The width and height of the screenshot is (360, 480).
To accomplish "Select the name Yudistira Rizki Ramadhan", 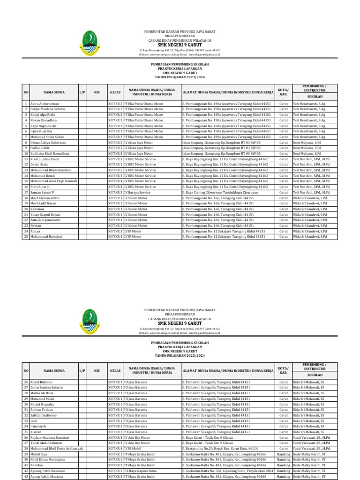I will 50,153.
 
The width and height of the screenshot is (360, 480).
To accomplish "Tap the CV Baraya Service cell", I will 137,192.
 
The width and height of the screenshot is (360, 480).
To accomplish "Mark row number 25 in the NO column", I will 26,237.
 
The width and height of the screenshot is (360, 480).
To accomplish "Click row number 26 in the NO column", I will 26,382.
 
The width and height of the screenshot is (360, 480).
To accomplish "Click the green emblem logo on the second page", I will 90,321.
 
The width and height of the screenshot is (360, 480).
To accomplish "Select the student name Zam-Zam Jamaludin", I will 47,220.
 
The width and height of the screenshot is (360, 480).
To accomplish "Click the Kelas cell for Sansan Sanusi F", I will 114,192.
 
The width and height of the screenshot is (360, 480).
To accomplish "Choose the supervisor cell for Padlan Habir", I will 307,148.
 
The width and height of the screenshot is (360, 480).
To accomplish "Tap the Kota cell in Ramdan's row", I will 283,465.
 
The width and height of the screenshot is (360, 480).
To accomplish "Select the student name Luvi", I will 33,421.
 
